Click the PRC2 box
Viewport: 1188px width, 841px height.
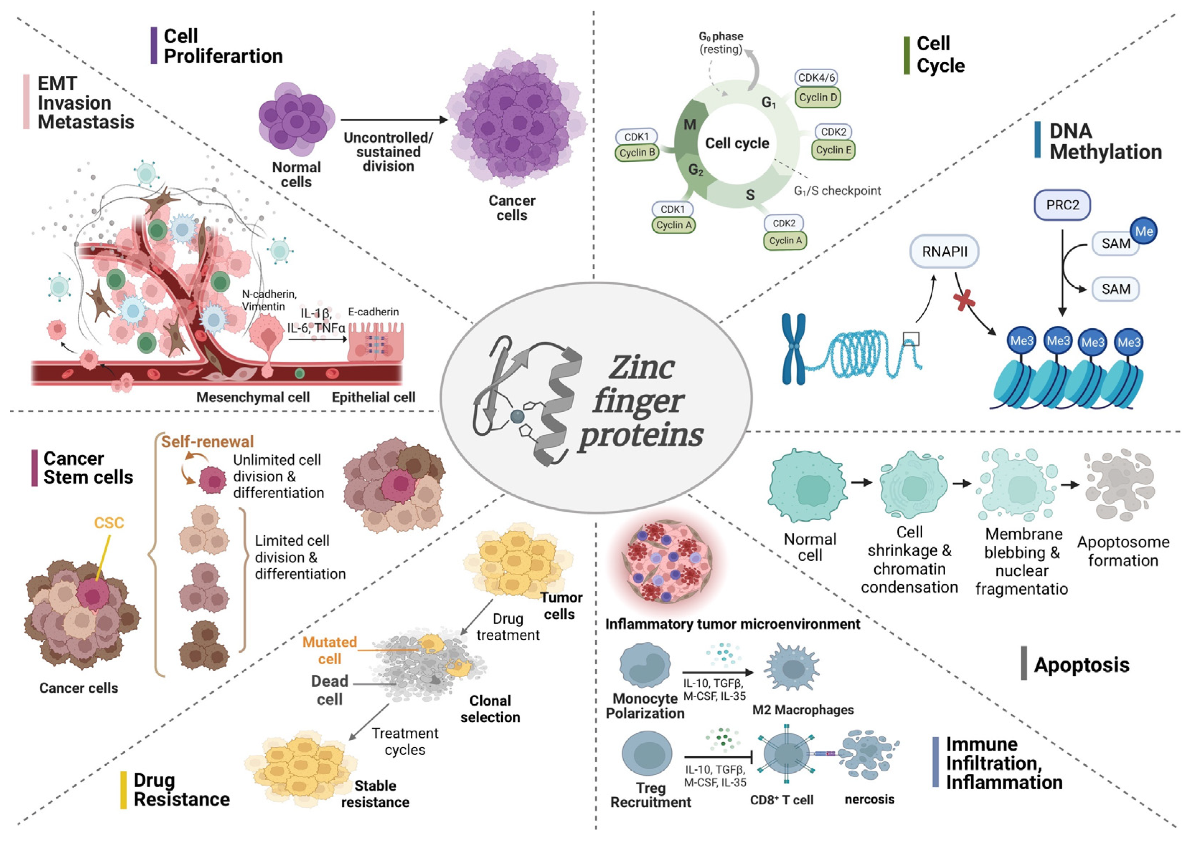(x=1062, y=205)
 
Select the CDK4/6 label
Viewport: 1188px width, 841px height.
(x=816, y=78)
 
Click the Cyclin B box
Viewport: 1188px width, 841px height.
(x=637, y=153)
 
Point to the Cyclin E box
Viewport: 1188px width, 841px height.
(x=833, y=150)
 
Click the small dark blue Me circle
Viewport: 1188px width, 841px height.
(x=1143, y=231)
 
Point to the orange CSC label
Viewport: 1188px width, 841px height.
(x=109, y=523)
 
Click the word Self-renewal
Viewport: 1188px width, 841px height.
(x=207, y=442)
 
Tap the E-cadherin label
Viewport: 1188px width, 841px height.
(x=373, y=312)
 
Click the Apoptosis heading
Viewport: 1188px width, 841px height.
(x=1081, y=665)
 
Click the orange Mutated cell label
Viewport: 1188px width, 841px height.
(x=330, y=650)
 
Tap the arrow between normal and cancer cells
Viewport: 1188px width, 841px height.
(x=394, y=120)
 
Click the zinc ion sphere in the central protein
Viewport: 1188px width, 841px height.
(x=517, y=416)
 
